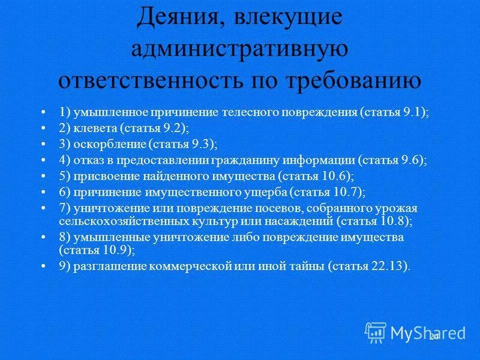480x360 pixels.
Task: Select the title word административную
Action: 240,49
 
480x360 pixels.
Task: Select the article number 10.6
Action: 334,176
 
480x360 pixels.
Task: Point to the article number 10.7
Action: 345,193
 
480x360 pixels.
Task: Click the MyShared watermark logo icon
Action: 376,331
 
